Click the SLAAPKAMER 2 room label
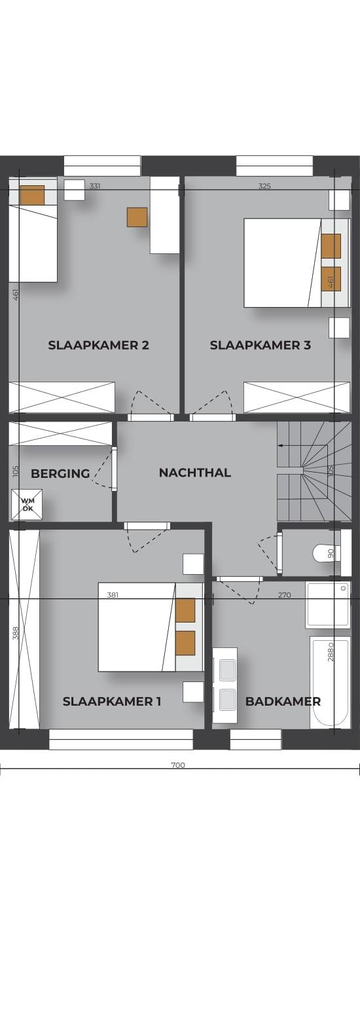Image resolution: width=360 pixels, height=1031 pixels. click(99, 345)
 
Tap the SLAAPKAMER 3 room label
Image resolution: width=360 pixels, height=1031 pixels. click(261, 345)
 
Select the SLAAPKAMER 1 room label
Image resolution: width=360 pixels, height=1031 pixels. click(112, 702)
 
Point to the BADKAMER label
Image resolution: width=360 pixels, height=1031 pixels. click(283, 702)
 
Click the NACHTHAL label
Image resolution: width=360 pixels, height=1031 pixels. click(195, 473)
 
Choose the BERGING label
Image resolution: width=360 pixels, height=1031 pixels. click(60, 474)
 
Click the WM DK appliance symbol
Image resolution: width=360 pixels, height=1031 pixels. click(27, 505)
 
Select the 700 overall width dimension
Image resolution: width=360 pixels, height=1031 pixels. click(178, 765)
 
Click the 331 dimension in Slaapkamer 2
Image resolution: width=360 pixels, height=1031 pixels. click(95, 187)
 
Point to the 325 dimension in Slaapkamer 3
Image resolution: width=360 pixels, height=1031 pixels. click(264, 187)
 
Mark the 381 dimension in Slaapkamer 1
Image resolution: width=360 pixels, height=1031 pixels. click(113, 594)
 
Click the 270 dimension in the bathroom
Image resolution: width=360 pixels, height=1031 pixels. click(285, 594)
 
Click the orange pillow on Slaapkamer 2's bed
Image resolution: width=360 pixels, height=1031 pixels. click(32, 195)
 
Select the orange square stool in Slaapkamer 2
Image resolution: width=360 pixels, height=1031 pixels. click(137, 217)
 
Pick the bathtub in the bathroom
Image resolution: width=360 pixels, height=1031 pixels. click(330, 683)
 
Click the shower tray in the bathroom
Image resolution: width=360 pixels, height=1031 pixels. click(328, 606)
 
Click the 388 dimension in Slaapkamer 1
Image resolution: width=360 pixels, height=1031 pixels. click(15, 633)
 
